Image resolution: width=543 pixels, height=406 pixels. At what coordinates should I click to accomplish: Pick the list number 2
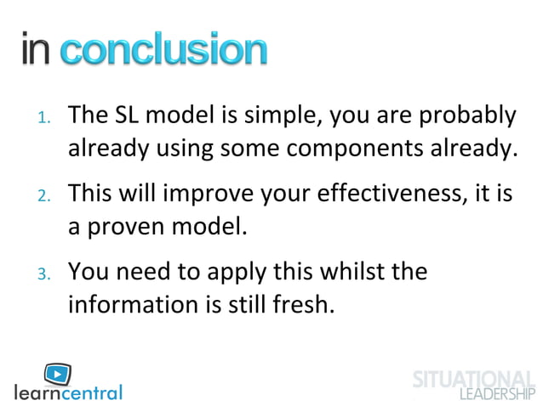(x=45, y=196)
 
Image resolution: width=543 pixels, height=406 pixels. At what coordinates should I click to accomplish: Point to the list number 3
(x=45, y=274)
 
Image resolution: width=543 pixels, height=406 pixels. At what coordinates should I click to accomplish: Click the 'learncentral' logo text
(x=69, y=392)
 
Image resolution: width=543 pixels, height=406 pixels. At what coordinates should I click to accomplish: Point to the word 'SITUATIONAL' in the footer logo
(x=473, y=380)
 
